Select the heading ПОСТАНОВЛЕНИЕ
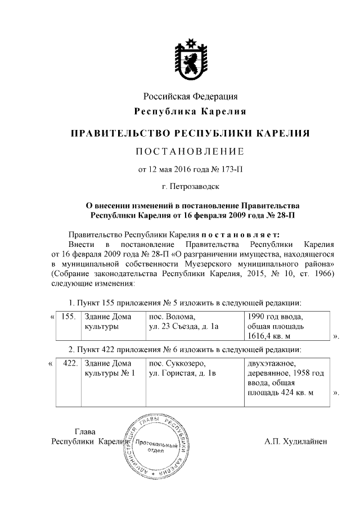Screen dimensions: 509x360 coord(190,151)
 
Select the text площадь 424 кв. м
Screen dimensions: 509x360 coord(280,393)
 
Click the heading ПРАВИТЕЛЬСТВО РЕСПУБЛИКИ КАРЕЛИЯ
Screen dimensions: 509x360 coord(190,134)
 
